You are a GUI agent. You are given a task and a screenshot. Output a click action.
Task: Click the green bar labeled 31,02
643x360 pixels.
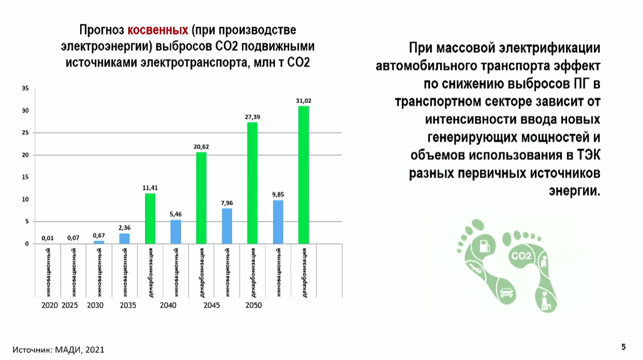pyautogui.click(x=304, y=175)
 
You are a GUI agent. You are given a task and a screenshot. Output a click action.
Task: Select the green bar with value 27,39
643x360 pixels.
pyautogui.click(x=252, y=183)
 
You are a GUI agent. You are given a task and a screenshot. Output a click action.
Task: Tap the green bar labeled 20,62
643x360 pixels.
pyautogui.click(x=201, y=198)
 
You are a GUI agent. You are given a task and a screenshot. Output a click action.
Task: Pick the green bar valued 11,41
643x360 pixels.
pyautogui.click(x=150, y=218)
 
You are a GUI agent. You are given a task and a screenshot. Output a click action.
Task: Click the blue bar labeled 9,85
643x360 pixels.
pyautogui.click(x=278, y=222)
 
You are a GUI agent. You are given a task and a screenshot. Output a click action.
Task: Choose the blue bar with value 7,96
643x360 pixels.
pyautogui.click(x=227, y=226)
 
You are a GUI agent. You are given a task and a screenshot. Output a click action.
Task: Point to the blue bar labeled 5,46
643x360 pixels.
pyautogui.click(x=176, y=232)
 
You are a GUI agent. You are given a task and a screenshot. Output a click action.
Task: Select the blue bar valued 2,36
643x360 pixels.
pyautogui.click(x=124, y=238)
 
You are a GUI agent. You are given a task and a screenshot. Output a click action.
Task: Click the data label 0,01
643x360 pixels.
pyautogui.click(x=48, y=238)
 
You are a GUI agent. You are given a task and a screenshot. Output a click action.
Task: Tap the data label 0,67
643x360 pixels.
pyautogui.click(x=99, y=235)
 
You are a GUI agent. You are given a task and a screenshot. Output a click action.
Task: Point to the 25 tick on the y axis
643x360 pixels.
pyautogui.click(x=25, y=132)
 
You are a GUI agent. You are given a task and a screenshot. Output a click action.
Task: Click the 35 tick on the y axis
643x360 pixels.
pyautogui.click(x=25, y=88)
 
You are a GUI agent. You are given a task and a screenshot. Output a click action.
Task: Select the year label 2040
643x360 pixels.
pyautogui.click(x=168, y=305)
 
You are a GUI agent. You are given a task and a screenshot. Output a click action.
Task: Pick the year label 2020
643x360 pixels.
pyautogui.click(x=50, y=305)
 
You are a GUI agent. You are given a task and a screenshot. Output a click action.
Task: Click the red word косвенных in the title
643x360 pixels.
pyautogui.click(x=158, y=30)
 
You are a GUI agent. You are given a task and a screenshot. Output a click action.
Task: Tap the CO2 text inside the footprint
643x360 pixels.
pyautogui.click(x=521, y=256)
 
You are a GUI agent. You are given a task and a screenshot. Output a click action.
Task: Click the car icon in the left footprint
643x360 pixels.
pyautogui.click(x=506, y=293)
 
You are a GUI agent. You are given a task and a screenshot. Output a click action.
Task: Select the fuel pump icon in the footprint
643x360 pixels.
pyautogui.click(x=485, y=246)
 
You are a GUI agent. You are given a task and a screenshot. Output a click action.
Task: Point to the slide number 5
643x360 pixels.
pyautogui.click(x=623, y=347)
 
